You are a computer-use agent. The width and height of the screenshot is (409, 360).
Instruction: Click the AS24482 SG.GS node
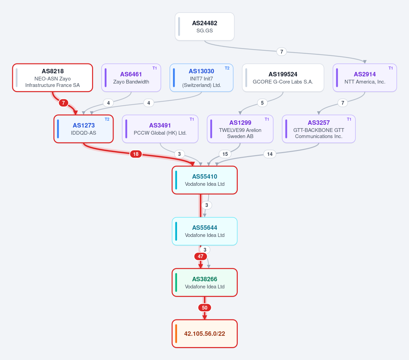(205, 27)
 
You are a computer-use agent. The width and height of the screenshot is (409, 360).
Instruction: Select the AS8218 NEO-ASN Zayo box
(53, 78)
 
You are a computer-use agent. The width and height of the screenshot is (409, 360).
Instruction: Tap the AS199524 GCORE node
(283, 78)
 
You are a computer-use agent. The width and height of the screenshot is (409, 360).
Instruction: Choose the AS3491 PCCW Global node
(160, 129)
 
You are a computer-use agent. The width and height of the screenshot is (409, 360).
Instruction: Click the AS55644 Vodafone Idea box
(205, 231)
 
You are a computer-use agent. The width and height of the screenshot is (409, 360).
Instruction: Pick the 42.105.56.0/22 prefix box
(205, 334)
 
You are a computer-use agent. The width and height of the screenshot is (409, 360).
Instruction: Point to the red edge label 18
(136, 154)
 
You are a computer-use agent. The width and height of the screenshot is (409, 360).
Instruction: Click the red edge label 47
(201, 256)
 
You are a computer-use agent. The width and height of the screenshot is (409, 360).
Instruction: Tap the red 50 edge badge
(205, 307)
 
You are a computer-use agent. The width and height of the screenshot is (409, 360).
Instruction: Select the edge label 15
(225, 154)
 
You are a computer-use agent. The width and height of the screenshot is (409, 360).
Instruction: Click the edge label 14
(270, 154)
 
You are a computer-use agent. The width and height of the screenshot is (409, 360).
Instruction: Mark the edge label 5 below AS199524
(262, 103)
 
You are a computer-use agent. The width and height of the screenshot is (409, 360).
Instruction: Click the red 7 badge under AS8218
(63, 103)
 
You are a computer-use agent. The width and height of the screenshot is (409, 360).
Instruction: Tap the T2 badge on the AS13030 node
(227, 68)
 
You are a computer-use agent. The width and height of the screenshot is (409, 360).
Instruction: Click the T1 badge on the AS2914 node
(391, 68)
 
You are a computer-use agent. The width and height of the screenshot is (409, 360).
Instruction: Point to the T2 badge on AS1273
(107, 119)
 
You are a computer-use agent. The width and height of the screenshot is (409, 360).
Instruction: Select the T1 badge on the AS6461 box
(155, 68)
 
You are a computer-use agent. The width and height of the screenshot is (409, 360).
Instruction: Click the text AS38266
(205, 279)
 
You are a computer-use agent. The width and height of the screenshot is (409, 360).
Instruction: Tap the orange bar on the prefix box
(176, 334)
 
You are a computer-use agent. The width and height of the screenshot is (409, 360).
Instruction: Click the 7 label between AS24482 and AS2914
(281, 51)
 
